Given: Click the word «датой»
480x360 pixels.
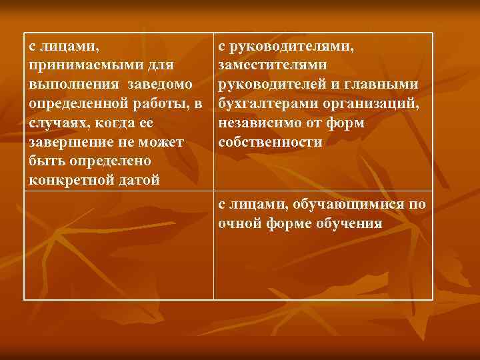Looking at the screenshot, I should [139, 181].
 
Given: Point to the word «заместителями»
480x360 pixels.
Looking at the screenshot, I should [272, 66].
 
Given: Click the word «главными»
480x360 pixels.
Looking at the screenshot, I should [387, 85].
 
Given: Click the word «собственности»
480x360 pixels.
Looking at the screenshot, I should [270, 143].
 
